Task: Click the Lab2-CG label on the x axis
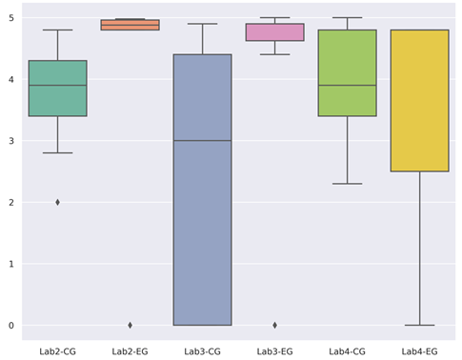[57, 351]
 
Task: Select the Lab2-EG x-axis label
[131, 351]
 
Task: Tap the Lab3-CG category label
[202, 351]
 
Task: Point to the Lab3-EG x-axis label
[274, 351]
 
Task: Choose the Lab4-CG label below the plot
[347, 351]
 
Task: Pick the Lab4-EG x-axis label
[419, 351]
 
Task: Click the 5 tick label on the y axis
[10, 18]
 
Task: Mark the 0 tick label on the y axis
[10, 326]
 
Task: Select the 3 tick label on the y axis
[10, 141]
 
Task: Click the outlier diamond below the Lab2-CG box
[57, 202]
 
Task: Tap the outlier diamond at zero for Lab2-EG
[131, 325]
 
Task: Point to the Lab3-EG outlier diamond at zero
[274, 325]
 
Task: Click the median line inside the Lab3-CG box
[202, 141]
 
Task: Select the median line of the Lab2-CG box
[57, 86]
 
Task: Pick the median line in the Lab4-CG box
[347, 86]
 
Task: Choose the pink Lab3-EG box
[274, 32]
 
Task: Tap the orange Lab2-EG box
[131, 25]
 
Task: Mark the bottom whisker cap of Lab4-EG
[419, 325]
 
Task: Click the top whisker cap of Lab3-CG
[202, 24]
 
